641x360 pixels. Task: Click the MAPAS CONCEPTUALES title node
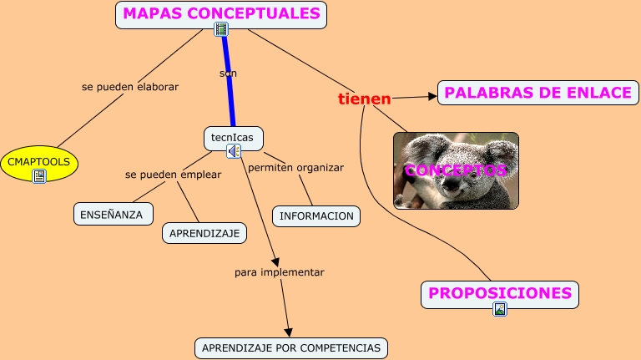coord(221,13)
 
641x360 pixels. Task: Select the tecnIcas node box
coord(232,137)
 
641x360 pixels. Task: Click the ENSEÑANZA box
coord(113,214)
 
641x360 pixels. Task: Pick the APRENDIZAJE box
coord(204,233)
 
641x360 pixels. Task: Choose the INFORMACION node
coord(316,216)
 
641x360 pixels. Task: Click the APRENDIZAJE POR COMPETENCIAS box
coord(290,347)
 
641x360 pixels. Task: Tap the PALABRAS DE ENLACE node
coord(538,93)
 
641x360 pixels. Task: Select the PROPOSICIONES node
coord(499,293)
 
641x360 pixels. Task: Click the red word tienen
coord(364,99)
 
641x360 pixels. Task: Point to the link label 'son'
coord(228,74)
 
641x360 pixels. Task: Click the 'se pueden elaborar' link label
coord(130,86)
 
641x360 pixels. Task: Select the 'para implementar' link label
coord(279,272)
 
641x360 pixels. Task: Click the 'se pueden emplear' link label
coord(173,175)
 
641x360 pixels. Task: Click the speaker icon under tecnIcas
coord(234,151)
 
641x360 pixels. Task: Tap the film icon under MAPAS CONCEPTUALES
coord(221,30)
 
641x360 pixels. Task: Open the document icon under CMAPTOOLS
coord(38,176)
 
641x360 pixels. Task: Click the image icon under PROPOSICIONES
coord(499,309)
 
